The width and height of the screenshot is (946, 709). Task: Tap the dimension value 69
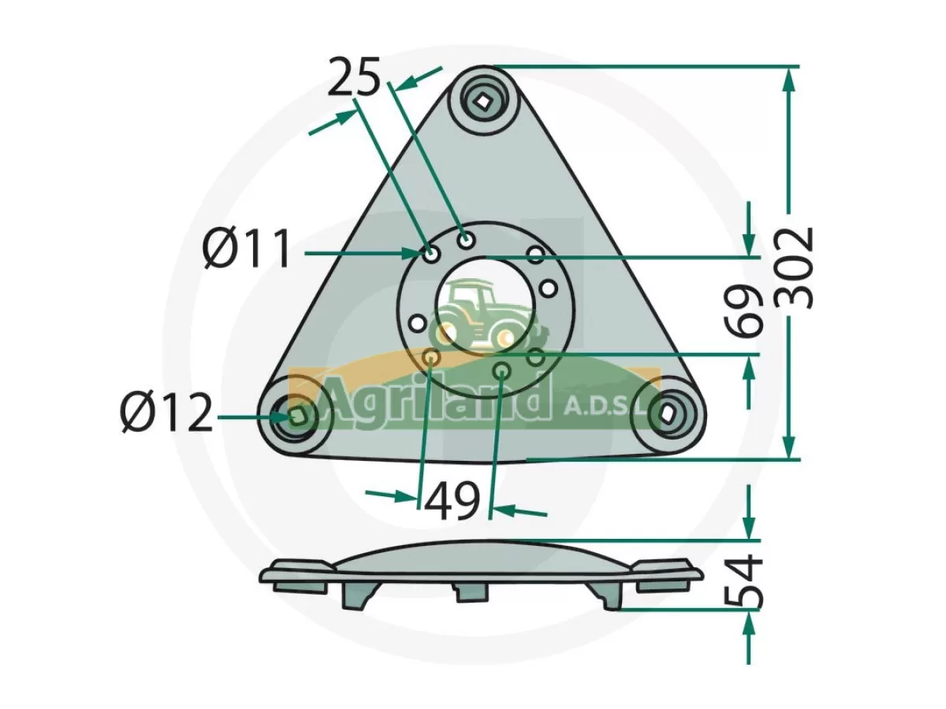[x=744, y=311]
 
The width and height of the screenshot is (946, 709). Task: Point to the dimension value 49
[x=452, y=502]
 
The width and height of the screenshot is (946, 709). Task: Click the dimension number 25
[x=353, y=76]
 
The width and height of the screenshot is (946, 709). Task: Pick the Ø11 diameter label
[x=247, y=250]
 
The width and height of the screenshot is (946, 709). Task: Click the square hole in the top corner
[x=482, y=102]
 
